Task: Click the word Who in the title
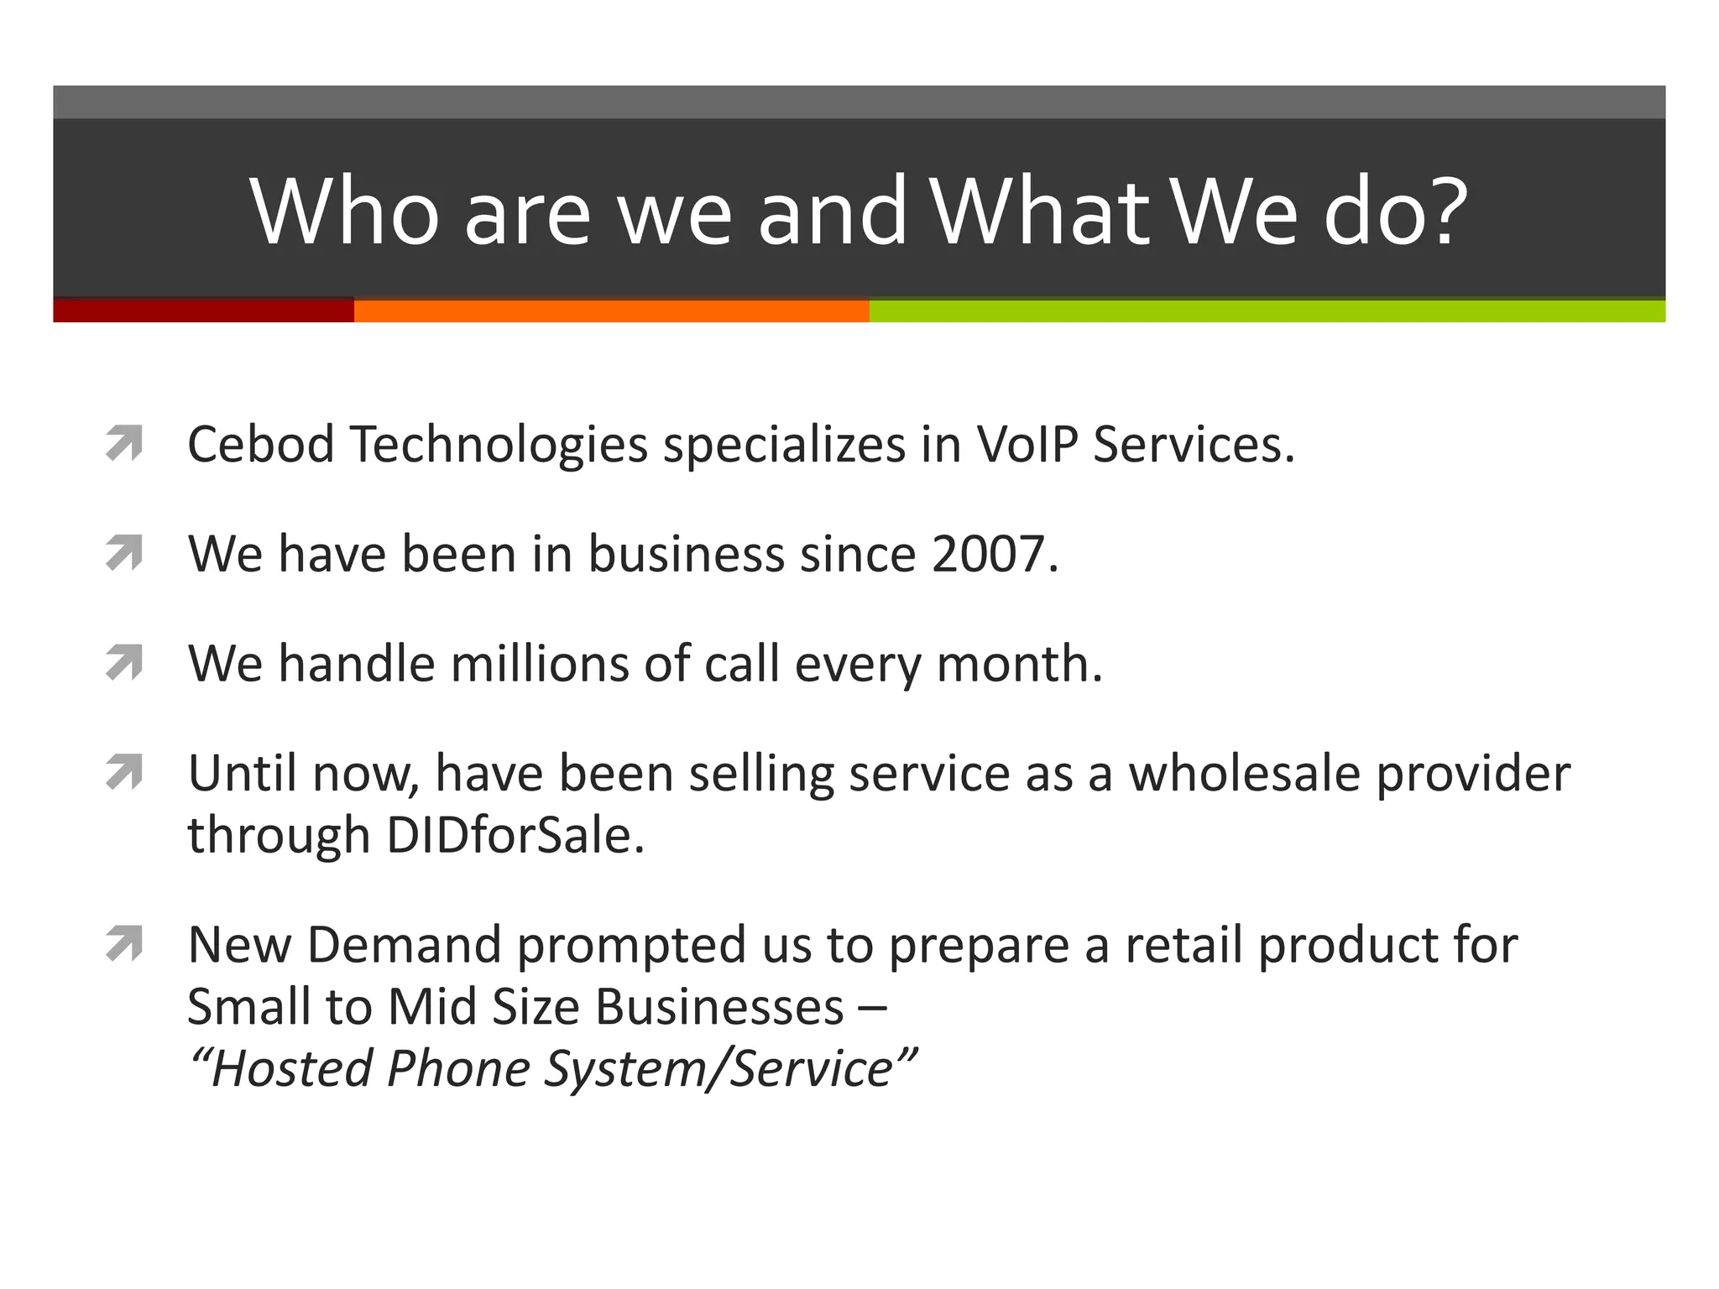[x=344, y=211]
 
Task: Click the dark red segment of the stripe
[x=203, y=311]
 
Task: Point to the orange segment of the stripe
[x=611, y=311]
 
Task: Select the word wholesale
[x=1243, y=773]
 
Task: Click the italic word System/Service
[x=718, y=1069]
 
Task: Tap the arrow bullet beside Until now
[x=124, y=773]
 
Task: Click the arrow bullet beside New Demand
[x=124, y=945]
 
